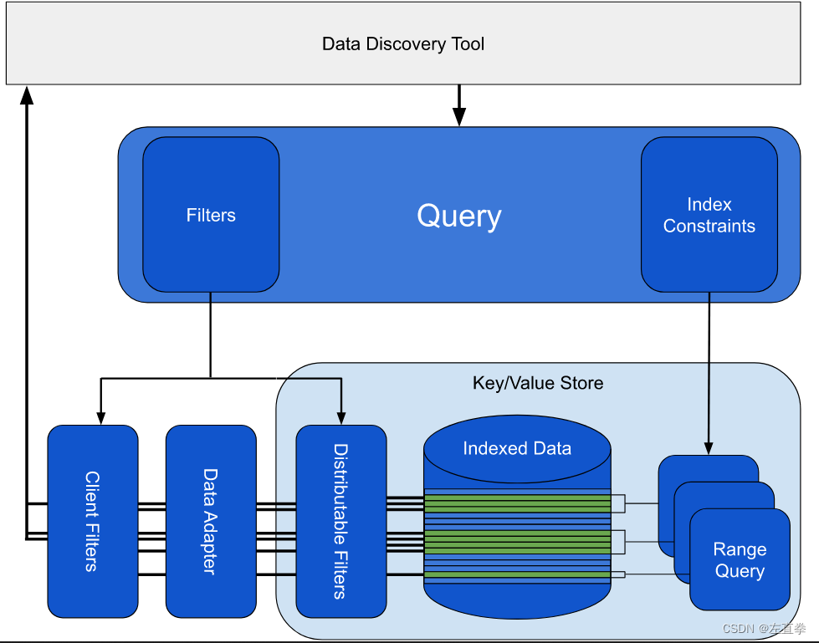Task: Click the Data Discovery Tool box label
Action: coord(403,44)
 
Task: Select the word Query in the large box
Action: coord(459,216)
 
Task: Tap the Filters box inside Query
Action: coord(211,215)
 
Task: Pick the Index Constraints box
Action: coord(709,215)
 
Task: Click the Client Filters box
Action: coord(92,521)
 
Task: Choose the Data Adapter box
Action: coord(211,521)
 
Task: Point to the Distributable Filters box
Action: coord(341,521)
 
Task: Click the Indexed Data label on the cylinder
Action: coord(517,448)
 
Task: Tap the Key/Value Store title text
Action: coord(538,384)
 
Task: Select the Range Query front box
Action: coord(740,560)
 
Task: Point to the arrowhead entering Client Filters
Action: coord(100,416)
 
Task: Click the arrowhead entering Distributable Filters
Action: coord(340,416)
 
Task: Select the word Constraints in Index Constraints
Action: coord(709,227)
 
